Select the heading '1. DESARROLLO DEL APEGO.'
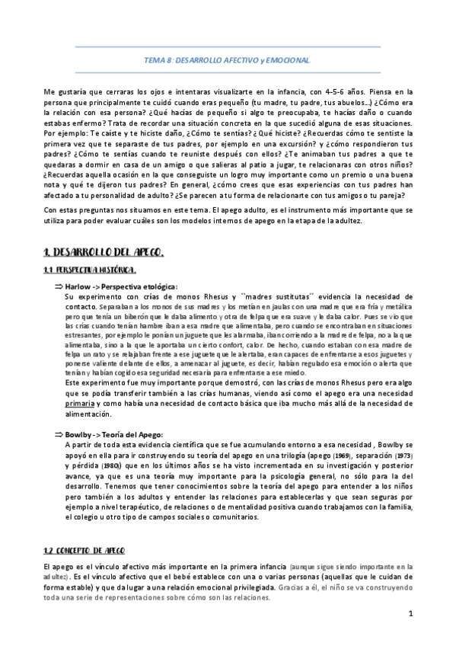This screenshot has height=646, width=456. point(103,252)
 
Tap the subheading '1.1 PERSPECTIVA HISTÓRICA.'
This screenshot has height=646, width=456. point(91,271)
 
